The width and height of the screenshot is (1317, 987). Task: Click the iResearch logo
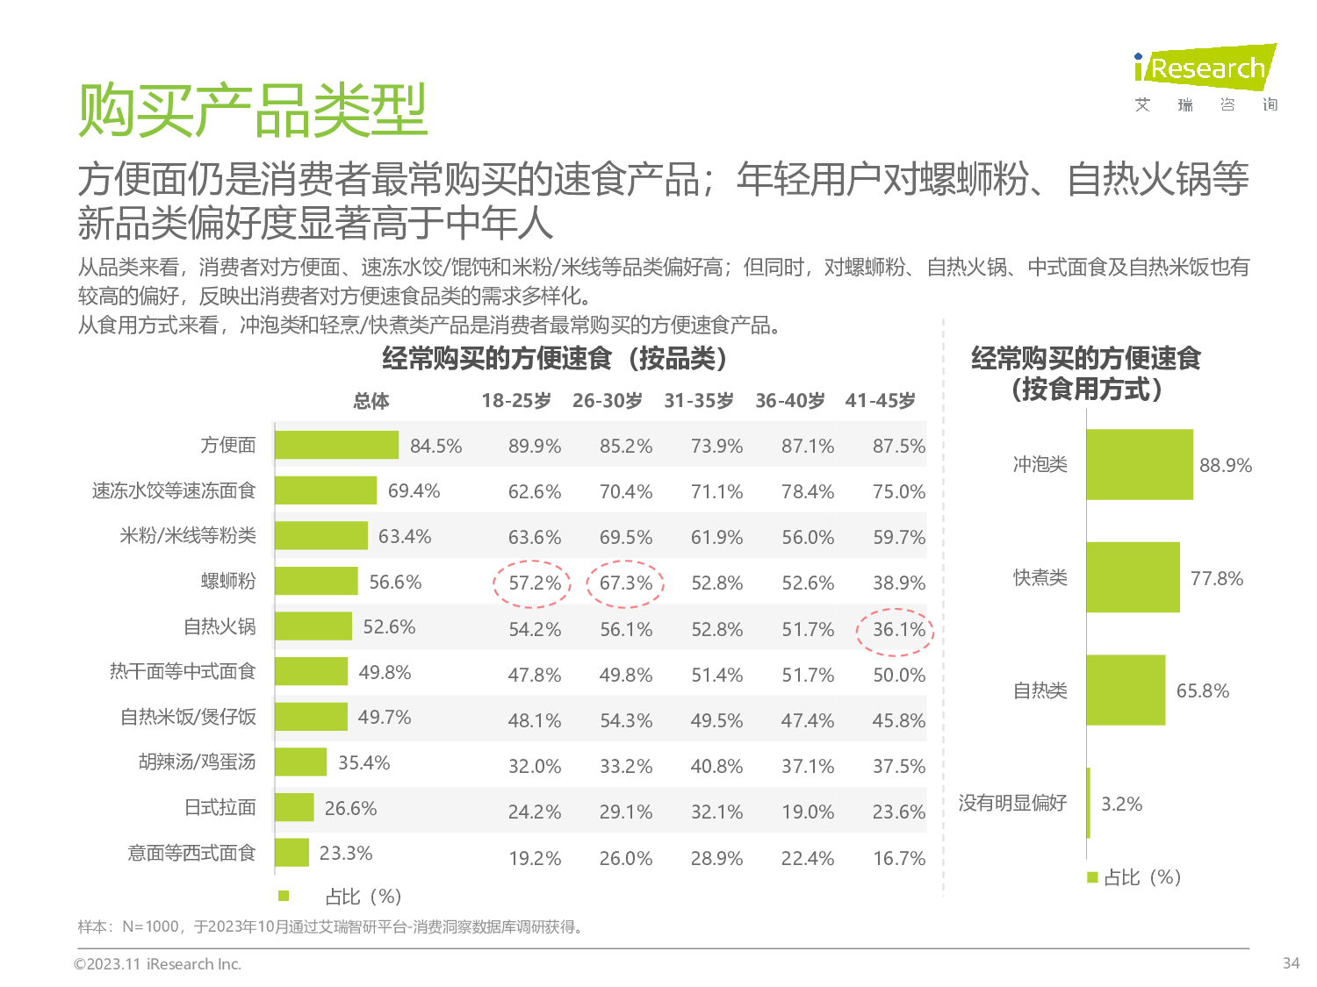(x=1205, y=68)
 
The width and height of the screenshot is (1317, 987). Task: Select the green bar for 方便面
(x=336, y=445)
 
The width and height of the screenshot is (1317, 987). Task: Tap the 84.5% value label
(x=435, y=446)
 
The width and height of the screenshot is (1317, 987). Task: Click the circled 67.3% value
(x=625, y=583)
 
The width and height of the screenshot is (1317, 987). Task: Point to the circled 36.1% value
(x=898, y=630)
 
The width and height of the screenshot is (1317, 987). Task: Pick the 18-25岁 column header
(x=516, y=401)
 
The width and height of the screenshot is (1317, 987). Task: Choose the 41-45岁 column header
(x=880, y=401)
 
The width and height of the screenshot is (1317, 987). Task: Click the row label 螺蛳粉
(x=228, y=581)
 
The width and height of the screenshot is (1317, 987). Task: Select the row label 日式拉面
(x=219, y=807)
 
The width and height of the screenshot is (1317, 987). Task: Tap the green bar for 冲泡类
(x=1139, y=465)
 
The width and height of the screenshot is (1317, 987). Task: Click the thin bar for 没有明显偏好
(x=1089, y=803)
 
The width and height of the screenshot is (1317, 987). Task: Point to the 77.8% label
(x=1216, y=578)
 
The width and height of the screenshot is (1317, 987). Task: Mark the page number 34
(x=1291, y=963)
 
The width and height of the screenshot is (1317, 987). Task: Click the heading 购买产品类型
(x=253, y=111)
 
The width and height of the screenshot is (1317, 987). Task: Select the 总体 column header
(x=371, y=402)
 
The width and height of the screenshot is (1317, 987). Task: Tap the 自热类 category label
(x=1040, y=690)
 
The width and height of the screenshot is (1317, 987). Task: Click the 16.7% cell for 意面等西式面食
(x=898, y=858)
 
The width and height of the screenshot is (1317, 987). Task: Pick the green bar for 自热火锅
(x=313, y=626)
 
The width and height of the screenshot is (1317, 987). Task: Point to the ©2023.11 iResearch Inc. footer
(x=157, y=964)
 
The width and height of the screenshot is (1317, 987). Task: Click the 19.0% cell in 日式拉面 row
(x=808, y=812)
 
